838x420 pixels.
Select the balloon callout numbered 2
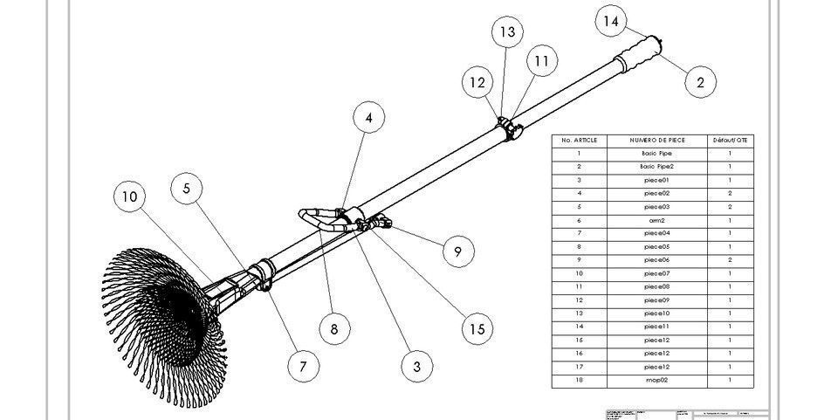(x=700, y=83)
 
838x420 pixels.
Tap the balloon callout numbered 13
(x=507, y=32)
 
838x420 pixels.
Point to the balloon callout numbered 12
(x=477, y=83)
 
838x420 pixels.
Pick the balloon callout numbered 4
(x=369, y=117)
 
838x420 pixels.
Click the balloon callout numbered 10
(x=129, y=197)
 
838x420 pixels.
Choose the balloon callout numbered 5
(x=187, y=188)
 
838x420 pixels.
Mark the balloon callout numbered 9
(x=457, y=252)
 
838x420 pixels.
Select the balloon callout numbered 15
(x=477, y=328)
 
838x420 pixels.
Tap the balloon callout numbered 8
(x=334, y=328)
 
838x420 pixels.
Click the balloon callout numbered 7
(x=303, y=366)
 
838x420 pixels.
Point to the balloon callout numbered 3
(x=417, y=366)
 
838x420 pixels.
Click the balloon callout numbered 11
(x=542, y=61)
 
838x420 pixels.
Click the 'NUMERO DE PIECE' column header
(x=657, y=140)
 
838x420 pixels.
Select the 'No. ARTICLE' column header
(x=579, y=140)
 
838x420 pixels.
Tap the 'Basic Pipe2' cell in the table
(x=657, y=166)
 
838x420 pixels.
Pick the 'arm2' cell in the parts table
(x=657, y=220)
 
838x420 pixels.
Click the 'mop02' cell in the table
(x=657, y=381)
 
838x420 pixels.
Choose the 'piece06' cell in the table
(x=657, y=260)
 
